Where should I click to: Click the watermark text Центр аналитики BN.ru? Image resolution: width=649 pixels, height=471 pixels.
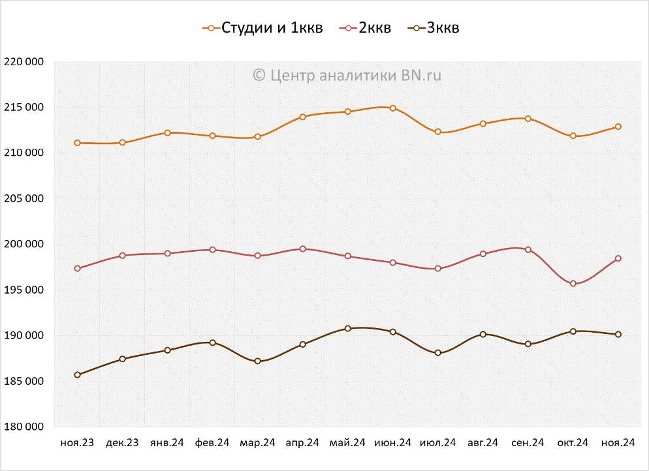(347, 76)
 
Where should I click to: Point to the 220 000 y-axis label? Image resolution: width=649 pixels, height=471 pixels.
(24, 62)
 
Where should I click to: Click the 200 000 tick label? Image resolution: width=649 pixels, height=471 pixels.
(24, 245)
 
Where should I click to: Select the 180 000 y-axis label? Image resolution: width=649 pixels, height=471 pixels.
(24, 427)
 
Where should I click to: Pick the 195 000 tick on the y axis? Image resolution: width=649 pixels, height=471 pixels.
(24, 290)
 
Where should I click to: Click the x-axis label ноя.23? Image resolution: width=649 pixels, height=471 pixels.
(77, 443)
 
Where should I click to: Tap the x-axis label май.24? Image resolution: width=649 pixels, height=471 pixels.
(347, 443)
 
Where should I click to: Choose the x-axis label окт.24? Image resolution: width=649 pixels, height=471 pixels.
(573, 443)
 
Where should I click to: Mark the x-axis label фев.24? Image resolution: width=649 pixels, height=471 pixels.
(212, 443)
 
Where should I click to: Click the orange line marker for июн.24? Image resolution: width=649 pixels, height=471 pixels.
(393, 108)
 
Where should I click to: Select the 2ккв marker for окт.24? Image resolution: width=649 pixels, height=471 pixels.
(573, 284)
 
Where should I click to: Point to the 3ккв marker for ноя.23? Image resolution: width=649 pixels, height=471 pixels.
(78, 375)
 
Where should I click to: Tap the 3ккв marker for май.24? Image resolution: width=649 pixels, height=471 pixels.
(347, 329)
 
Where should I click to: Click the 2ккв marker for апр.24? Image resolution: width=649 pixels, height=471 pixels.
(303, 249)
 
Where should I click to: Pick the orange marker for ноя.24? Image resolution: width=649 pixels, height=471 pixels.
(618, 127)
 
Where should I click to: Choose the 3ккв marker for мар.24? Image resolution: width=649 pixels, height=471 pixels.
(258, 361)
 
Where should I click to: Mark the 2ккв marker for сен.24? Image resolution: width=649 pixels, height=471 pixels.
(528, 250)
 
